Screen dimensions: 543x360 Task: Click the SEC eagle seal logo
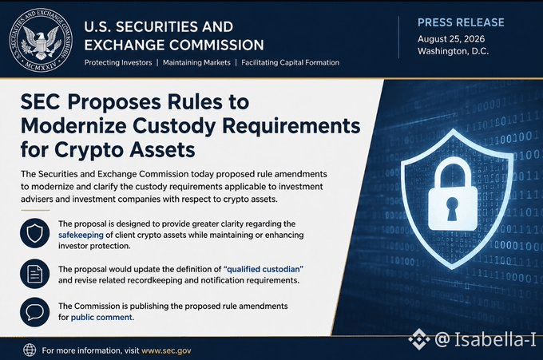41,40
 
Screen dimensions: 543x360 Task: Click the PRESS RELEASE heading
461,22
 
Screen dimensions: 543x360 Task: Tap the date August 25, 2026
451,39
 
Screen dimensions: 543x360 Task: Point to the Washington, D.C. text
453,51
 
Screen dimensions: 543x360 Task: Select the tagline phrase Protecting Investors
118,62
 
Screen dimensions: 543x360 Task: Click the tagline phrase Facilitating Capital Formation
290,62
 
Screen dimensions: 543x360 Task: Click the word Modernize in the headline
73,125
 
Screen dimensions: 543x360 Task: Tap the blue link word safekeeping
81,235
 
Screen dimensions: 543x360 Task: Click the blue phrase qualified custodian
264,269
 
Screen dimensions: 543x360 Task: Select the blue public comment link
102,317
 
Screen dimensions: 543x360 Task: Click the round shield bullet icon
34,233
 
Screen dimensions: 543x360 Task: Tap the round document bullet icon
34,274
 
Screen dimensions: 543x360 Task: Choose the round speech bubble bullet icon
34,312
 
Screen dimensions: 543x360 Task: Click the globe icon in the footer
30,350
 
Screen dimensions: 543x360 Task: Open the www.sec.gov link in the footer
166,350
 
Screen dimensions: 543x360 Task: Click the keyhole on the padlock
452,208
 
